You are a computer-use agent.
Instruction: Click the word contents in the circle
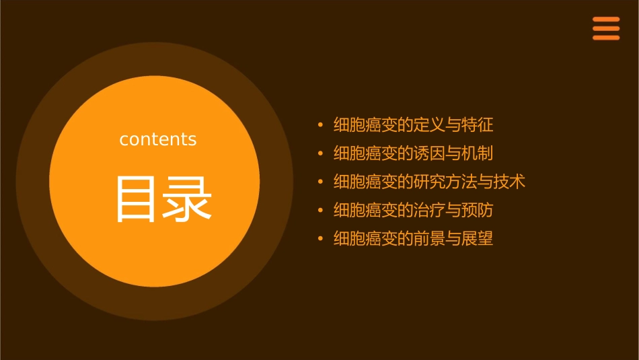158,139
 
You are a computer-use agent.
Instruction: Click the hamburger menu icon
605,29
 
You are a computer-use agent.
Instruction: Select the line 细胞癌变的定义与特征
413,124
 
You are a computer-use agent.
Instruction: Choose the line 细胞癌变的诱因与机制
413,153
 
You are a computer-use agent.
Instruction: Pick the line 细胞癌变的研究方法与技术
429,182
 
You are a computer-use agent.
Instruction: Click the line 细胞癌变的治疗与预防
413,211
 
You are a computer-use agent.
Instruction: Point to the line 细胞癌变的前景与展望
413,239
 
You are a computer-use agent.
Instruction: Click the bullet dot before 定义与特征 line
320,125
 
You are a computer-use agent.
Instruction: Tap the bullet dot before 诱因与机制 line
320,154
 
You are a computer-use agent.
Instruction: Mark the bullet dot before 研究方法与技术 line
320,182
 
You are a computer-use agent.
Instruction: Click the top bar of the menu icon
605,20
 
